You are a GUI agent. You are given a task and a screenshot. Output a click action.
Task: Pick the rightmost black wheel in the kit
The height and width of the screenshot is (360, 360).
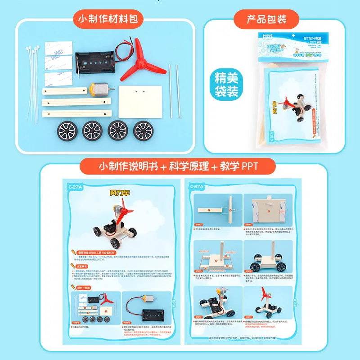click(144, 131)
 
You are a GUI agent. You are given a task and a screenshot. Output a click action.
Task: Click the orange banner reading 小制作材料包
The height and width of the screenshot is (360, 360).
click(109, 19)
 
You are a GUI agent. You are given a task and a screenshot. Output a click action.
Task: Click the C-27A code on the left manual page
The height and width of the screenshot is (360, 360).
click(74, 185)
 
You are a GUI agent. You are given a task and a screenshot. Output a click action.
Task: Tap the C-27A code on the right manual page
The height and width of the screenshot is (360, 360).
click(198, 186)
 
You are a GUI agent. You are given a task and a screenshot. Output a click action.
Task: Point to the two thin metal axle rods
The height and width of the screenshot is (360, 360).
click(174, 90)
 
